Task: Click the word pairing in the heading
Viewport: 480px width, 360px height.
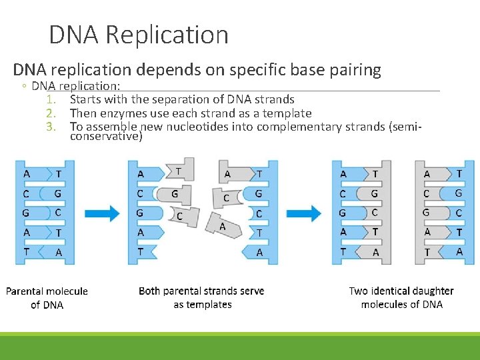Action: (x=352, y=69)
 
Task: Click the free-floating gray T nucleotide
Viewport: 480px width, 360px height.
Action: (x=181, y=171)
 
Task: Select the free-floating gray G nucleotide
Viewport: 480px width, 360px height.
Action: (x=175, y=194)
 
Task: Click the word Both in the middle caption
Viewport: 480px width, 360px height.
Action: (x=150, y=291)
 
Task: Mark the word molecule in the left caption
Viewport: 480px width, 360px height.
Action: (x=65, y=291)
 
